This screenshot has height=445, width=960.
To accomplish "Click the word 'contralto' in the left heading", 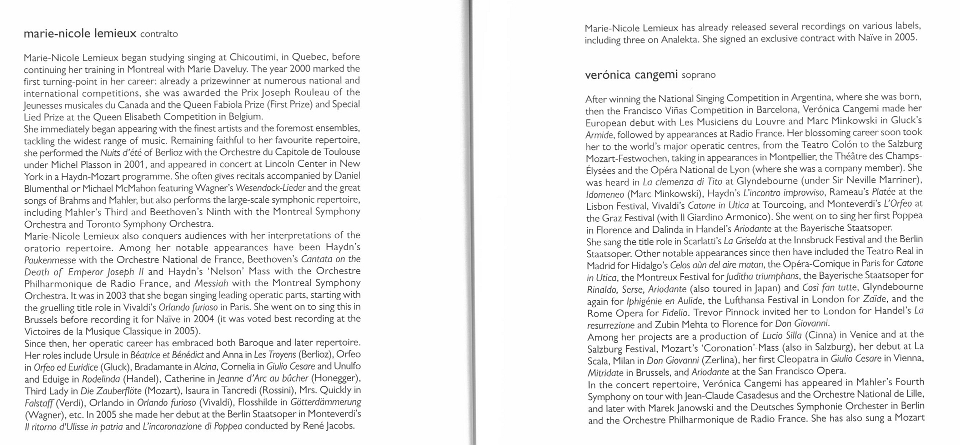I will pos(159,34).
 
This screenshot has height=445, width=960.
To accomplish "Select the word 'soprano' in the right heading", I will pos(698,75).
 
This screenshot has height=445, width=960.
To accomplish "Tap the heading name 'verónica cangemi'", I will pos(630,75).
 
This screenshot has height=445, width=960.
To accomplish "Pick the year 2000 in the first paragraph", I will pos(297,68).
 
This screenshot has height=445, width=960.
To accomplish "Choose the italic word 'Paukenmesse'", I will pos(50,260).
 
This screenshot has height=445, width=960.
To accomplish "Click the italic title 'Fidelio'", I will pos(675,313).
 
